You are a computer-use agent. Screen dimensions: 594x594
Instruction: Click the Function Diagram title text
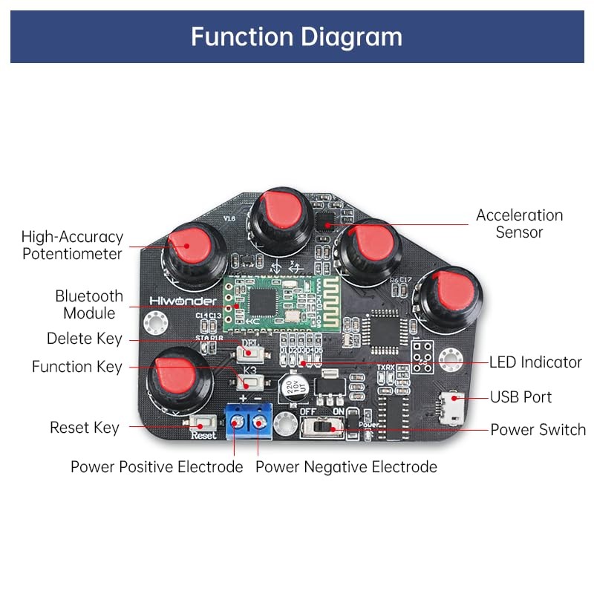point(296,36)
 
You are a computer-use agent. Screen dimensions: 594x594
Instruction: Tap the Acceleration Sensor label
point(519,223)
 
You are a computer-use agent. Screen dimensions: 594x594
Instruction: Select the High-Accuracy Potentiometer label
point(72,245)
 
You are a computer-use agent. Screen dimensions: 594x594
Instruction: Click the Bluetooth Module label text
point(89,304)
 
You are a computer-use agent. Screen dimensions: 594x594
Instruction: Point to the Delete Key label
point(84,339)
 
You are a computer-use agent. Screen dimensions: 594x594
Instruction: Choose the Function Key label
point(76,367)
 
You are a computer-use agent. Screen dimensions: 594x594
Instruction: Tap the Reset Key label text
point(84,428)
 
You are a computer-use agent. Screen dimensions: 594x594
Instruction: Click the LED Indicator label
point(535,362)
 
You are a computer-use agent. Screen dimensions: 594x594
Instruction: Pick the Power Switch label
point(538,430)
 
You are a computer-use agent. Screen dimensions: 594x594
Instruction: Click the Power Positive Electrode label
point(157,467)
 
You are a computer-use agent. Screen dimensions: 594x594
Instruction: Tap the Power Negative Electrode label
point(346,467)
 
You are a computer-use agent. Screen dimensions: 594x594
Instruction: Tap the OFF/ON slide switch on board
point(324,428)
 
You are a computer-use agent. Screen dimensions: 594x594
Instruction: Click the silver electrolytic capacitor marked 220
point(290,388)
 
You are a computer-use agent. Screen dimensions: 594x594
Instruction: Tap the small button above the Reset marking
point(200,423)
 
